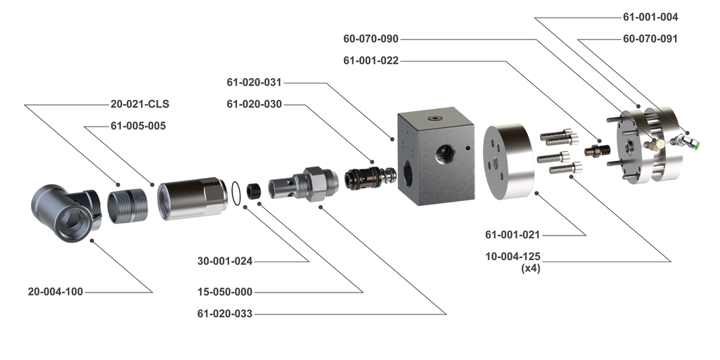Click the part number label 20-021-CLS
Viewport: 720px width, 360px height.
click(140, 104)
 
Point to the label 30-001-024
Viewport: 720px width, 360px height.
click(226, 262)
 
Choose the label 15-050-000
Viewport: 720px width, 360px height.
click(226, 291)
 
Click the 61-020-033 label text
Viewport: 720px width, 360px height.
click(226, 314)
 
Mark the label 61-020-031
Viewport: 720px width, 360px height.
click(254, 82)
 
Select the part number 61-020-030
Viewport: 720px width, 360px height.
click(254, 104)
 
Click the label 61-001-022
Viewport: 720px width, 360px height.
click(371, 60)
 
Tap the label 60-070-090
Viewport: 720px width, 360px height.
click(371, 39)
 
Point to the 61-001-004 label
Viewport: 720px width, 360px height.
click(650, 17)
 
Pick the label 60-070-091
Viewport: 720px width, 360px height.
click(650, 39)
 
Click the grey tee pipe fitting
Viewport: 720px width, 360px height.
click(64, 212)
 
